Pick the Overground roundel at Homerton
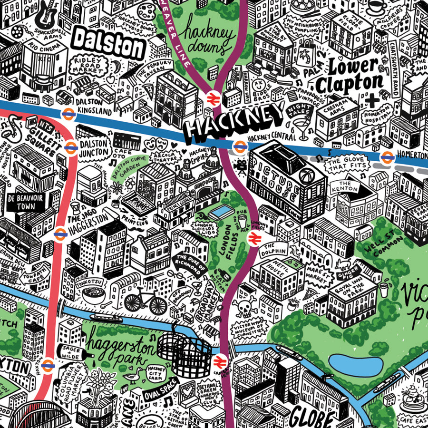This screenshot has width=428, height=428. pos(387,156)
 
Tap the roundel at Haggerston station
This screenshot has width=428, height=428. pos(60,233)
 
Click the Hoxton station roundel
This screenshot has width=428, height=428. pos(47,365)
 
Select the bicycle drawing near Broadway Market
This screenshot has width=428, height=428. pos(143,298)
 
